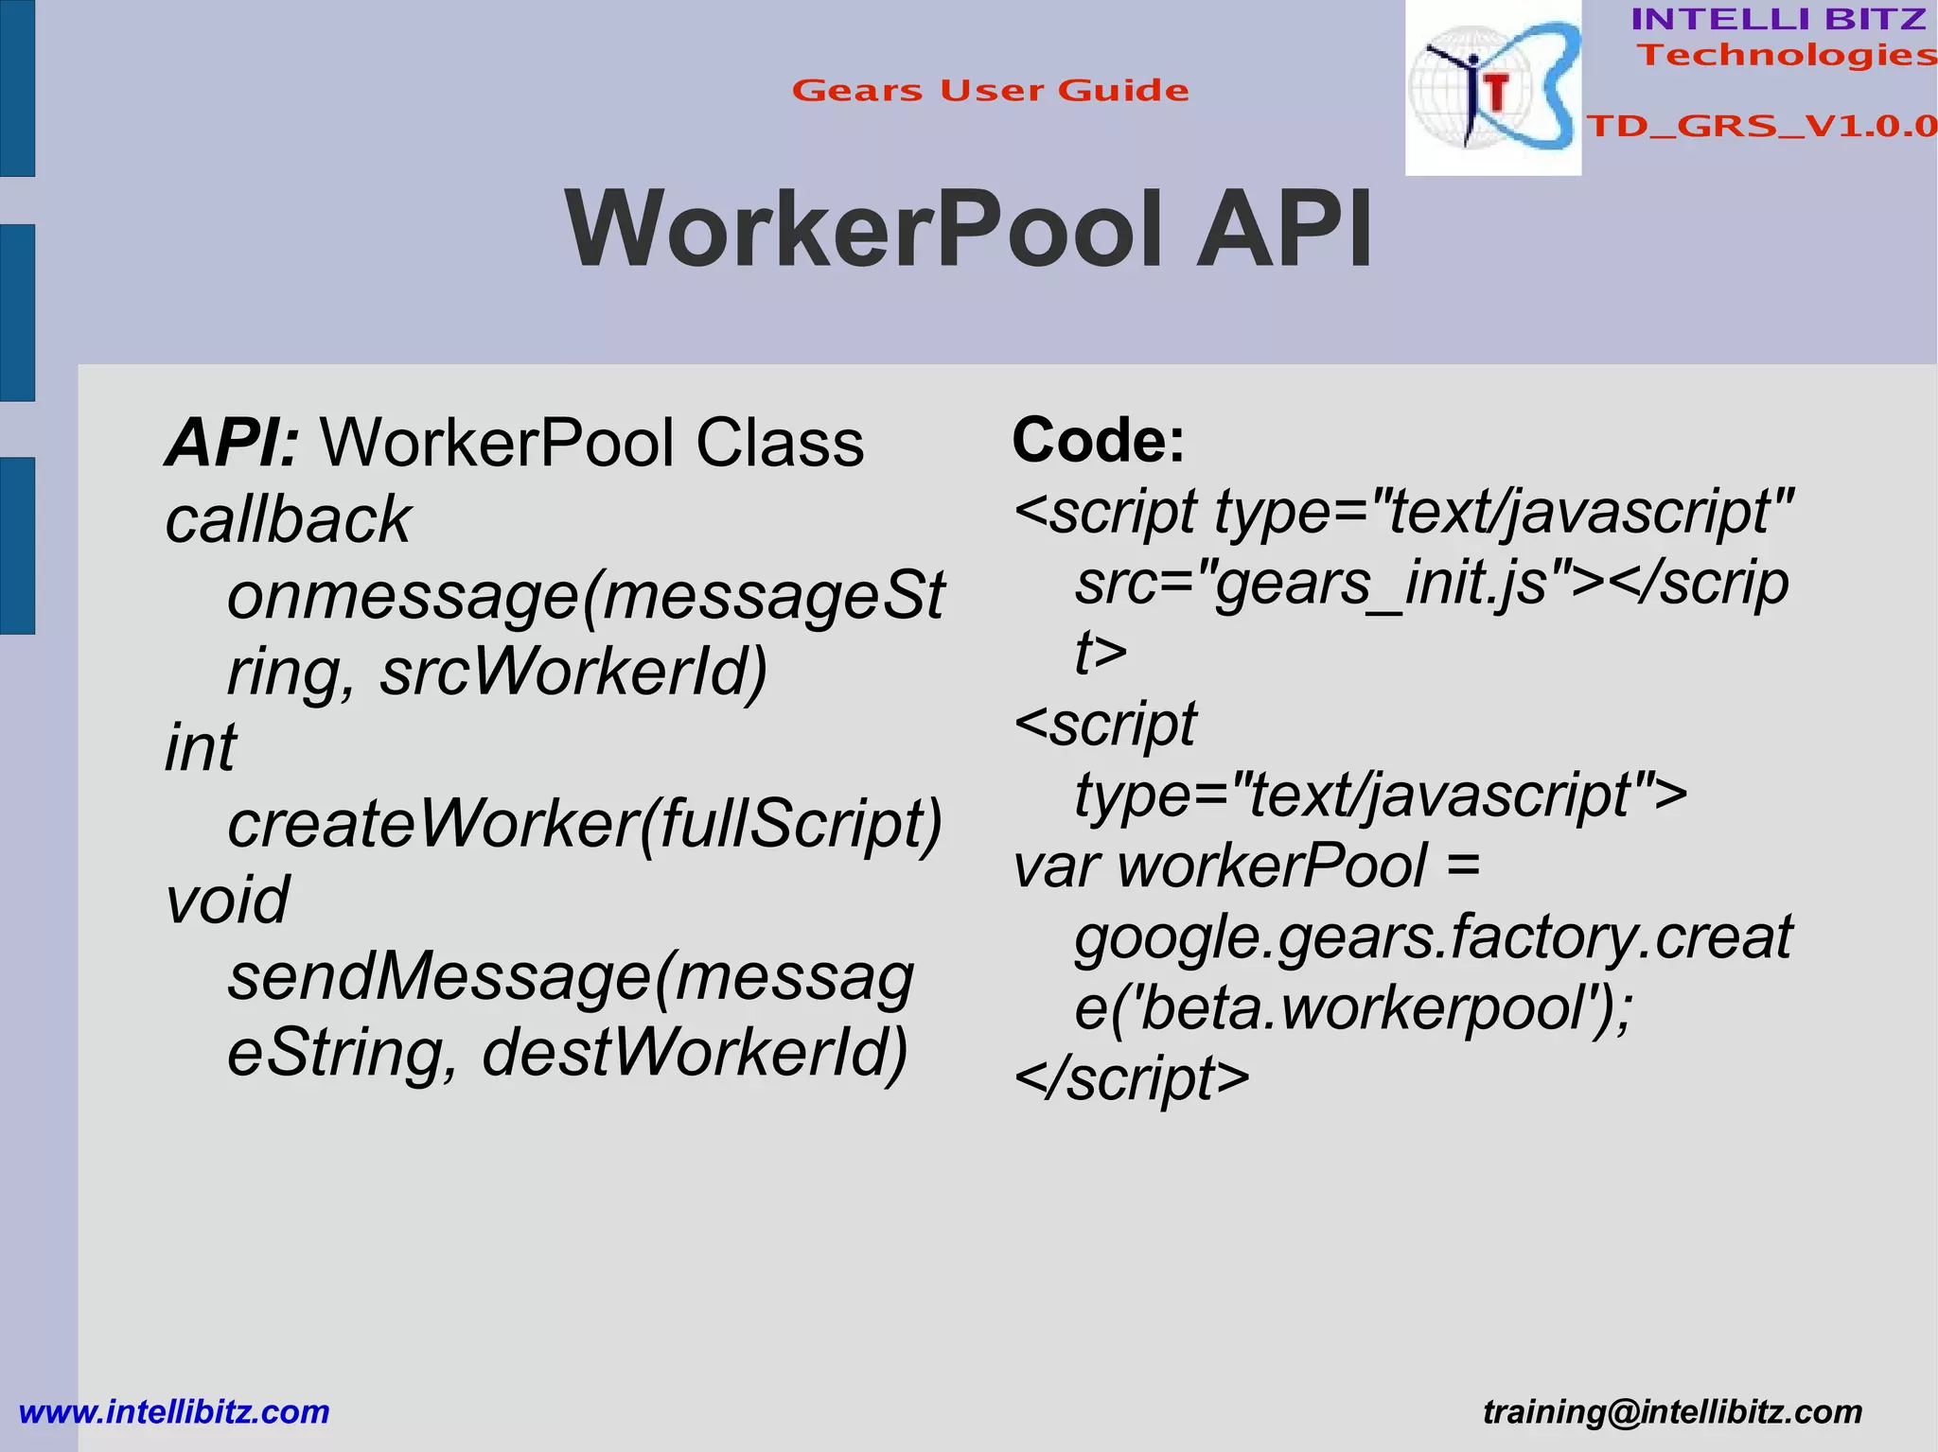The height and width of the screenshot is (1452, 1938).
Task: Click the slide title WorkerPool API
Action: point(968,230)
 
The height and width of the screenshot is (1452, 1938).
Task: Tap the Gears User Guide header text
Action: point(990,91)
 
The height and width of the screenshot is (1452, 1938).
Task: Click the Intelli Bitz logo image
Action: point(1492,88)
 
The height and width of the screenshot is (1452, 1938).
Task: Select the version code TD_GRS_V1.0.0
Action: point(1761,126)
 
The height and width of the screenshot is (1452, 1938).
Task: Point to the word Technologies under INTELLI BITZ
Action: point(1787,55)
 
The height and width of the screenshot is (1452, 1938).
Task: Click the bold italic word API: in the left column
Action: point(233,443)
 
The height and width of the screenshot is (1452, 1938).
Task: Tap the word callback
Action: point(288,520)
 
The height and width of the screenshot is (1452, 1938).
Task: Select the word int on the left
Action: point(201,748)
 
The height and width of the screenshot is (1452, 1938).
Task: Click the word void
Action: point(227,900)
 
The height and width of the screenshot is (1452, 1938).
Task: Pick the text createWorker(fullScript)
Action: point(585,824)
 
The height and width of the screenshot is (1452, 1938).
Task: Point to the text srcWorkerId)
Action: point(573,673)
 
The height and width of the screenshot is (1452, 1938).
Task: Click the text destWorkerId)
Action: point(695,1052)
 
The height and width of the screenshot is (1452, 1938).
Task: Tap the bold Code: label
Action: point(1098,441)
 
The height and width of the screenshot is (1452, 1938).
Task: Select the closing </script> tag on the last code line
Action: point(1131,1079)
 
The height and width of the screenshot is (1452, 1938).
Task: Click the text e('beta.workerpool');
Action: point(1353,1008)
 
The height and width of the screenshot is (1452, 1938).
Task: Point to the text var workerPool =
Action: point(1246,866)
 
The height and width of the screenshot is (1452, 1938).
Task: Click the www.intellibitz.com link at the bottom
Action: point(174,1412)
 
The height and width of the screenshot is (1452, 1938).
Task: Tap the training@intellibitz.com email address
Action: point(1672,1412)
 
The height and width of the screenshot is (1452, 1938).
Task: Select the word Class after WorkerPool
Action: point(780,443)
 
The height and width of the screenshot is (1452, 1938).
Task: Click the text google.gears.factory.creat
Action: point(1433,937)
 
